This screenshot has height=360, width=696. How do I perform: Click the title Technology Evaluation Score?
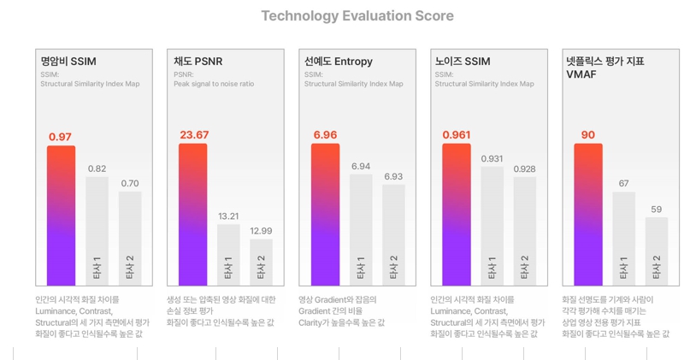pos(357,16)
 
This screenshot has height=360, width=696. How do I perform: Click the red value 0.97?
pos(60,137)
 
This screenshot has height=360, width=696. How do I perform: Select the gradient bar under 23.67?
pos(192,214)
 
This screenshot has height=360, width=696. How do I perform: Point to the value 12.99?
pos(261,231)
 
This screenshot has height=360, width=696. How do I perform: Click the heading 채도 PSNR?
pos(198,62)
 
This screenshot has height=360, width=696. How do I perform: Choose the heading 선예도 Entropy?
pos(339,62)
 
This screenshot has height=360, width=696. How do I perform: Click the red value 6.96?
pos(325,135)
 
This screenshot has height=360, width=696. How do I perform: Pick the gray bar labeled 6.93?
pos(393,233)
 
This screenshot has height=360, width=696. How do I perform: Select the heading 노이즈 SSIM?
pos(463,62)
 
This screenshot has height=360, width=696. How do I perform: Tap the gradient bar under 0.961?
pos(457,214)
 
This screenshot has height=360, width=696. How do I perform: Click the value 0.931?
pos(492,159)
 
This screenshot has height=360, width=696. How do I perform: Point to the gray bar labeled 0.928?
pos(525,230)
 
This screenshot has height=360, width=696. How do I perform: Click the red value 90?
pos(588,135)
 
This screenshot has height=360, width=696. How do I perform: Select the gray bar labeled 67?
pos(623,238)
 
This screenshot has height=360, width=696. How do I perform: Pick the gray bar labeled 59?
pos(656,251)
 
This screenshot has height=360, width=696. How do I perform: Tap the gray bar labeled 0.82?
pos(97,230)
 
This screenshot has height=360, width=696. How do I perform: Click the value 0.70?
pos(130,183)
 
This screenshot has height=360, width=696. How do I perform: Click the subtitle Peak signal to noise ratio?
pos(214,84)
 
